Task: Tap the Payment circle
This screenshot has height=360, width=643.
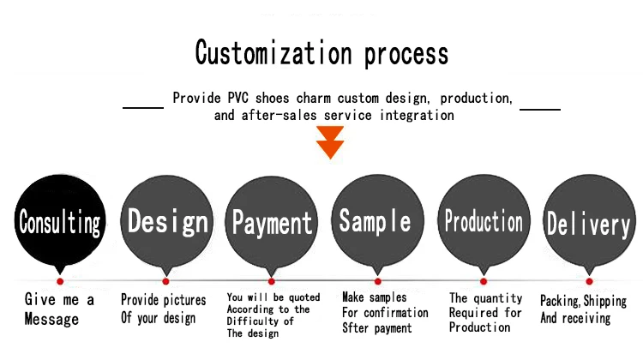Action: (272, 220)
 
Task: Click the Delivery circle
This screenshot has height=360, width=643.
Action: (588, 220)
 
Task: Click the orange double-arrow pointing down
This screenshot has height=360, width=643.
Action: (329, 142)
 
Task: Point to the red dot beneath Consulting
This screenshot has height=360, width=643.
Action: (60, 280)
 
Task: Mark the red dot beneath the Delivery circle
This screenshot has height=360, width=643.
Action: (589, 280)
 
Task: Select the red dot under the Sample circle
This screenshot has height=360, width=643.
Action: (377, 280)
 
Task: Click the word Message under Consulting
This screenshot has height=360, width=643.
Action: (51, 319)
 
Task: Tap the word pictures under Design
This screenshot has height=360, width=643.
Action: (180, 300)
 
